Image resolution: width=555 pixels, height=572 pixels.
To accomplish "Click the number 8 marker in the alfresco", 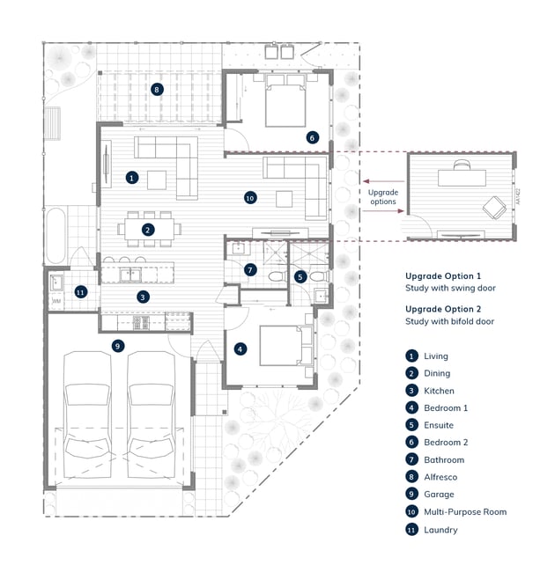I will point(157,89).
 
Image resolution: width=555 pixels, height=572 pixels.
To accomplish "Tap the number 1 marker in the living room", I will point(131,177).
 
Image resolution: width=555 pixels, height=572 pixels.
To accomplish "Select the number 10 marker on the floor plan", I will point(249,198).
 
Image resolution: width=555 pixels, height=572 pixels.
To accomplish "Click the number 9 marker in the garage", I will point(117,346).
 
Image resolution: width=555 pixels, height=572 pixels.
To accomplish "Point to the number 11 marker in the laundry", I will point(80,291).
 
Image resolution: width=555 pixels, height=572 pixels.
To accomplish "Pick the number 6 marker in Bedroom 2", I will point(312,137).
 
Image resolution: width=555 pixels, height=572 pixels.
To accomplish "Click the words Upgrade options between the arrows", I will point(383,197).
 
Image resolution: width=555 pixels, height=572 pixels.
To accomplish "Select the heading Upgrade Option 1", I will point(443,275).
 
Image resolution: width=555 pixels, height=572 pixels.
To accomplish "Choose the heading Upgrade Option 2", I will point(443,309).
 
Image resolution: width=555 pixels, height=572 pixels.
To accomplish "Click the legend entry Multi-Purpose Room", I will point(464,511).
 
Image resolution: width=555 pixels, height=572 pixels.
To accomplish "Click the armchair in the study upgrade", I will point(492,208).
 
